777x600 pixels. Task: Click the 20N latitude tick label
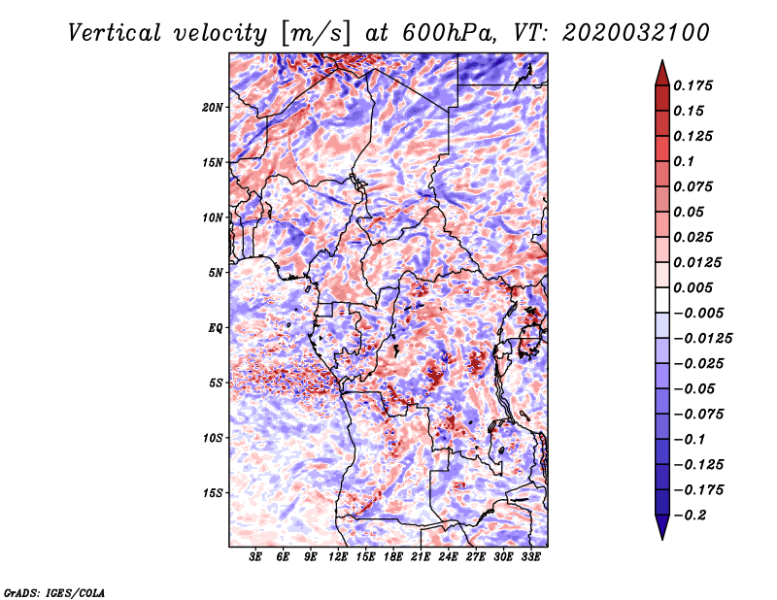point(213,108)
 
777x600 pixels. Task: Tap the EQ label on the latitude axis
point(216,328)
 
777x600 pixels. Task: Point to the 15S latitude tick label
point(213,493)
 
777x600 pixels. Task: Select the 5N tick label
point(216,273)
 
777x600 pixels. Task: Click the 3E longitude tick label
point(255,557)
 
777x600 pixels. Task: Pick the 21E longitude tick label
point(421,557)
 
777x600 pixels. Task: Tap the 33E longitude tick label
point(530,557)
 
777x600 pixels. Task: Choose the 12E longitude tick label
point(338,557)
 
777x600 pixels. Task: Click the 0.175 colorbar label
point(693,86)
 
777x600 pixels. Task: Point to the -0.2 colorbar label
point(690,516)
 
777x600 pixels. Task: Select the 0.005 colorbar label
point(693,287)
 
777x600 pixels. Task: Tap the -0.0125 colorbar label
point(702,339)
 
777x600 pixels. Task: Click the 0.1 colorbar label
point(684,161)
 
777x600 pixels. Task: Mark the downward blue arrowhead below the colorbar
point(662,527)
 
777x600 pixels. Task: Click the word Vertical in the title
point(115,33)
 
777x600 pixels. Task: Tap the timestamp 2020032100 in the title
point(636,33)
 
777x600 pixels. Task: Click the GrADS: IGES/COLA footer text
point(54,593)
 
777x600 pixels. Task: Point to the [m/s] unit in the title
point(316,33)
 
